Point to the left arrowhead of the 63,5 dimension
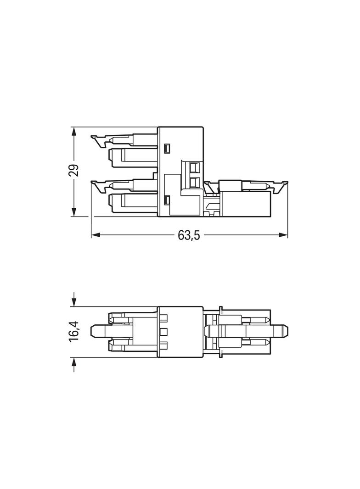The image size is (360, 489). (96, 235)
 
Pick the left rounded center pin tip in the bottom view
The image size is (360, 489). (95, 331)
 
